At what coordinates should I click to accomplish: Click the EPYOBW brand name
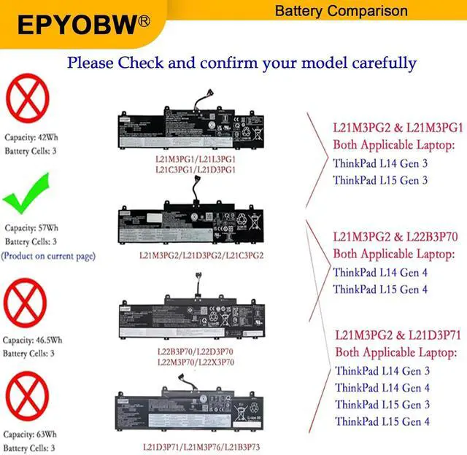(x=77, y=26)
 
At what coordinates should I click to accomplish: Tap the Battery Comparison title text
(x=341, y=11)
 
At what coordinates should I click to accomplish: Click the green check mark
(x=27, y=195)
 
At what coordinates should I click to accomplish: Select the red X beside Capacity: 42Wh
(x=28, y=101)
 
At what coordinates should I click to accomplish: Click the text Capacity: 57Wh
(x=32, y=227)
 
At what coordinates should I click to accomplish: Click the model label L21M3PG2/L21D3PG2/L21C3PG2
(x=201, y=256)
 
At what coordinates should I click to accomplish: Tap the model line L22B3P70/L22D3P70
(x=196, y=351)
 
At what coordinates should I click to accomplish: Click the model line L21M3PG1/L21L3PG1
(x=196, y=158)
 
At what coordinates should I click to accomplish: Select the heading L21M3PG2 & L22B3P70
(x=395, y=236)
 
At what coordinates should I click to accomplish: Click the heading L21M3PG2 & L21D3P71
(x=398, y=336)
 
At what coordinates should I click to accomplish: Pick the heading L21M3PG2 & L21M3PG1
(x=398, y=127)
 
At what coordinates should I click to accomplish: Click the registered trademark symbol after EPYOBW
(x=144, y=20)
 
